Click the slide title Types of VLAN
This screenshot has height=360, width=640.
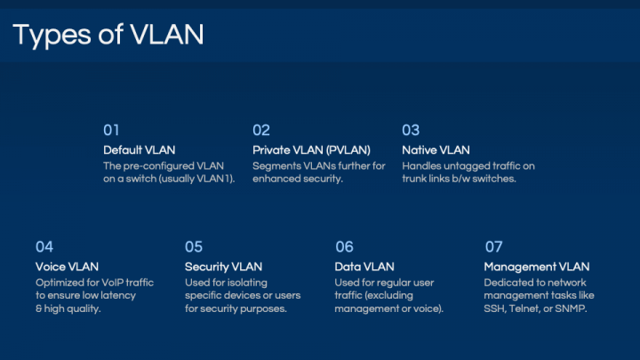click(x=108, y=35)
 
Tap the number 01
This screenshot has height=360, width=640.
click(x=111, y=130)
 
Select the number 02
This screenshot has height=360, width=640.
click(x=261, y=130)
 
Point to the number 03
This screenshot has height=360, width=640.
click(x=411, y=130)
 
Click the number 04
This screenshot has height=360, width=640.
click(x=44, y=247)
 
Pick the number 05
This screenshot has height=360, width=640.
click(x=194, y=247)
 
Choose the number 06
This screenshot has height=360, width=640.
click(x=344, y=247)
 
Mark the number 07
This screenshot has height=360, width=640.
click(x=493, y=247)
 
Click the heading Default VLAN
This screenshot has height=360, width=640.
click(x=140, y=150)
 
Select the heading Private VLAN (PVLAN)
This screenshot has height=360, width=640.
click(x=311, y=150)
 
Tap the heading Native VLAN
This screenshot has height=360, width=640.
click(x=436, y=150)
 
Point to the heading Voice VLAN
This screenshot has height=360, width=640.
click(x=67, y=267)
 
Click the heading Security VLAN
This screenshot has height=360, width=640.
click(x=223, y=267)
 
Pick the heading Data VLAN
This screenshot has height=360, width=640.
click(x=364, y=267)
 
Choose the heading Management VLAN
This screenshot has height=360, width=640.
click(x=537, y=267)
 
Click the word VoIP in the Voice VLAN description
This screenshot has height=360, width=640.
click(x=112, y=283)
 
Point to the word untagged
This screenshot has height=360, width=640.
click(x=467, y=166)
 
